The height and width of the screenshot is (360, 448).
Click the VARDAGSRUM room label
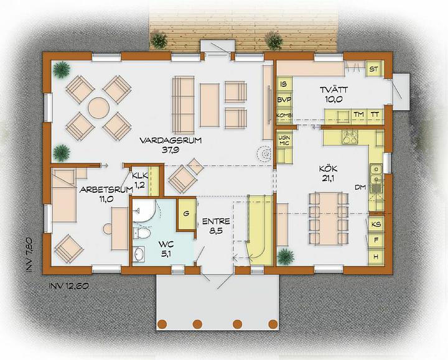[170, 141]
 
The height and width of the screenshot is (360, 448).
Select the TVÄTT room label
[334, 90]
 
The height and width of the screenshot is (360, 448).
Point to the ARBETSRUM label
[106, 190]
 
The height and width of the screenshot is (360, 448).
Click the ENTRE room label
[216, 221]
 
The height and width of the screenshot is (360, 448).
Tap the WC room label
[166, 244]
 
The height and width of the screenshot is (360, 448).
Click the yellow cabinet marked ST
[374, 69]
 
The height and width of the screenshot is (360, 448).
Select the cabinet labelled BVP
[284, 99]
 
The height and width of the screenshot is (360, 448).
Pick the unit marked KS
[376, 224]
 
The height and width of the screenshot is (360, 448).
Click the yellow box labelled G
[187, 213]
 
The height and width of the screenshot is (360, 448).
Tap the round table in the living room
[98, 108]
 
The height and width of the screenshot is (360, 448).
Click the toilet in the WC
[142, 233]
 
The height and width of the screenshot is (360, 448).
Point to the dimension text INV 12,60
[68, 286]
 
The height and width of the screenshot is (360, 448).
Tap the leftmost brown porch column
[162, 324]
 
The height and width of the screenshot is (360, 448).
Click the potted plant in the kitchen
[285, 257]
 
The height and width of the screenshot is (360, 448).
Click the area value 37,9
[170, 150]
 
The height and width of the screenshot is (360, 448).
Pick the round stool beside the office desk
[108, 229]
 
